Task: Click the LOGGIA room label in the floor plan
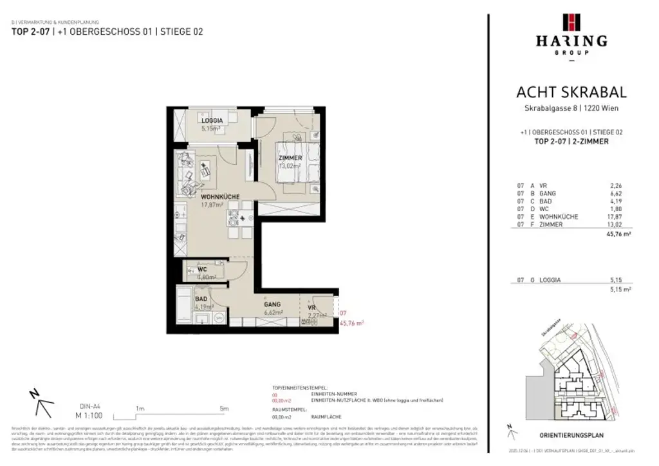tap(212, 120)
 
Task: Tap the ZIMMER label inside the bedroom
tap(290, 158)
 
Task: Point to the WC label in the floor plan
tap(201, 269)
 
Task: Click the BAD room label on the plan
tap(201, 299)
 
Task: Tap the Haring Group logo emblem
tap(571, 23)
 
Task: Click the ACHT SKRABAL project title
tap(571, 93)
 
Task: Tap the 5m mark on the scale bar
tap(223, 408)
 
